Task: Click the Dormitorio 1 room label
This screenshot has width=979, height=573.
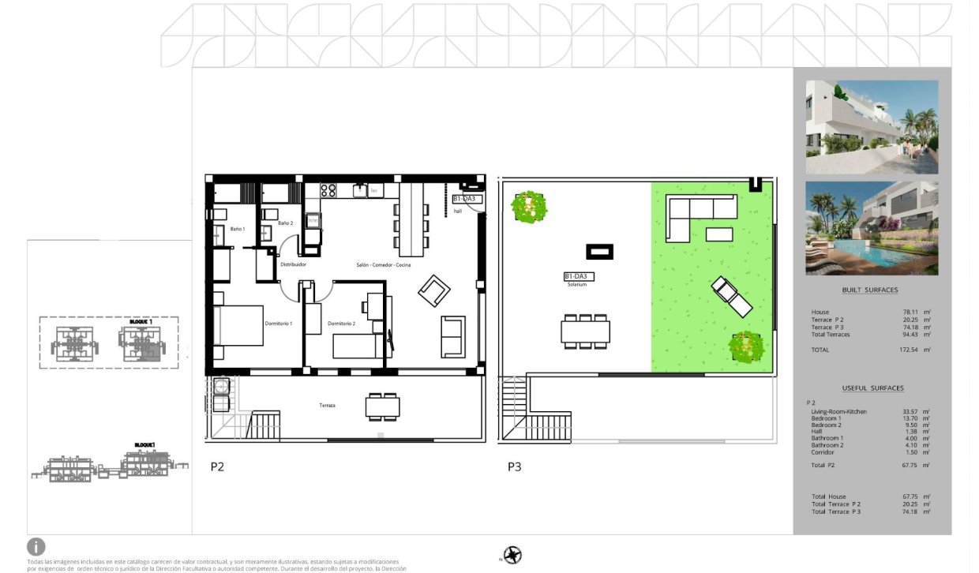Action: [278, 324]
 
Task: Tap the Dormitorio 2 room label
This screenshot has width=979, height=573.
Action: [341, 324]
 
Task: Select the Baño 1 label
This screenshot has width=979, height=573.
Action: [238, 229]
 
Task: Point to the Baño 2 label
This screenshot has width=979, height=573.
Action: [285, 223]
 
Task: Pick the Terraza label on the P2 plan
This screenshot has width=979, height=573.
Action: [327, 406]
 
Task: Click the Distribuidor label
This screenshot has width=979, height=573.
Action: [293, 265]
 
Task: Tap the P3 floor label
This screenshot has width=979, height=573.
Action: [514, 466]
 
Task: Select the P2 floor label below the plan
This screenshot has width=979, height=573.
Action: [217, 466]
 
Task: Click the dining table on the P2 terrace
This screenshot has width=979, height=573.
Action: [382, 406]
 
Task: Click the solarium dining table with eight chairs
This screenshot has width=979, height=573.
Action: [585, 330]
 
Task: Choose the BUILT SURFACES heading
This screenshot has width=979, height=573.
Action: [869, 290]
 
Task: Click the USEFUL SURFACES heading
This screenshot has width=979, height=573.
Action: [872, 388]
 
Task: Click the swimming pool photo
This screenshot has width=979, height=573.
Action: [872, 229]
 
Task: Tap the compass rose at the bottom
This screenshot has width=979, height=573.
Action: [514, 555]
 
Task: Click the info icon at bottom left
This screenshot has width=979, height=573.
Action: [36, 546]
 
